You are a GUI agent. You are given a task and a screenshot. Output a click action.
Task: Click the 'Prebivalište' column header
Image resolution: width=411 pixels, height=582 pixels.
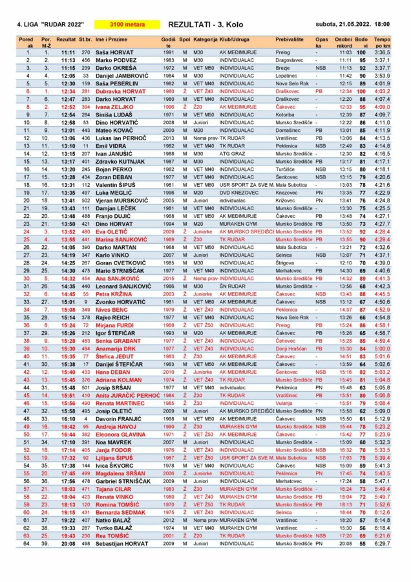(x=290, y=39)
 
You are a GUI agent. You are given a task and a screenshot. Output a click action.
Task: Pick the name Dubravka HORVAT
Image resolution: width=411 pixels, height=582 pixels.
(x=117, y=92)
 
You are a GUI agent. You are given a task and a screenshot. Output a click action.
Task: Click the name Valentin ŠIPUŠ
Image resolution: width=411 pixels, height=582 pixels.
(x=116, y=184)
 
